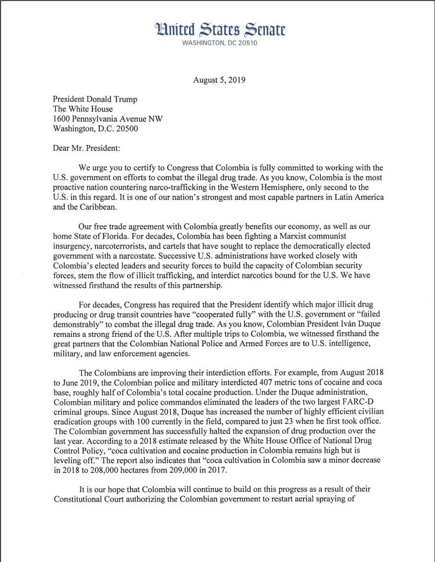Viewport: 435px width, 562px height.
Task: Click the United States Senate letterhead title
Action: (219, 29)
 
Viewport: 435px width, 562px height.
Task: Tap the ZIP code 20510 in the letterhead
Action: (246, 43)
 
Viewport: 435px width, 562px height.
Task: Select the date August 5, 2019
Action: (219, 80)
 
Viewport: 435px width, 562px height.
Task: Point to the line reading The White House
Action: (83, 109)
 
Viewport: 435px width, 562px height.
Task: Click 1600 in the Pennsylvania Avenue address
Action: (63, 119)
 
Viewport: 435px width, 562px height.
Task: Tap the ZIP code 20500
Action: (125, 129)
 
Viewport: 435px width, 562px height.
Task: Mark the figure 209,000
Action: (182, 470)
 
